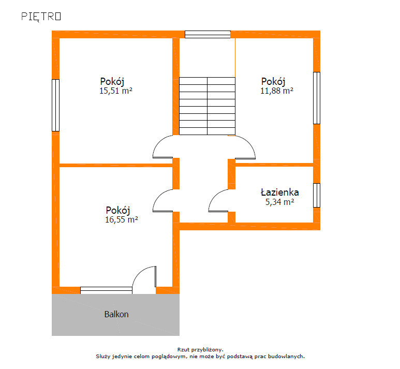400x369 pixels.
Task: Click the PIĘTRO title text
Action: point(41,17)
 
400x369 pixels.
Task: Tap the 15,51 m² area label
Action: point(116,91)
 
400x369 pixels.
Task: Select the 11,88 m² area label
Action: point(277,91)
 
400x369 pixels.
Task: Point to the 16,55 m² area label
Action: point(122,219)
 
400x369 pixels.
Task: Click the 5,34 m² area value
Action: point(280,202)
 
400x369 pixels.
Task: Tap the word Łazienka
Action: point(279,192)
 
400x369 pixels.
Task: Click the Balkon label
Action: point(116,314)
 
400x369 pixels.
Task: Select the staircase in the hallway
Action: point(207,106)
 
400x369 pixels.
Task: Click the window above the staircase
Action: point(208,35)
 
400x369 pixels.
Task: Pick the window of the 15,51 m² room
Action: point(55,105)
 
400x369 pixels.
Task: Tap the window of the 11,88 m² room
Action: point(317,98)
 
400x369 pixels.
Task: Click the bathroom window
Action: point(317,195)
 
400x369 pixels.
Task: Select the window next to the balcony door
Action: point(106,290)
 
